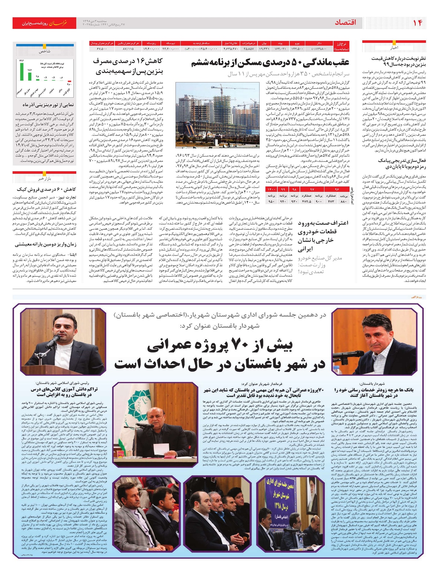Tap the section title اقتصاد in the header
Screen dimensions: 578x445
click(345, 23)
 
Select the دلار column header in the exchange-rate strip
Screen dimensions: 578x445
click(319, 43)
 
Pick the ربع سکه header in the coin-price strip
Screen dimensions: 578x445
click(151, 43)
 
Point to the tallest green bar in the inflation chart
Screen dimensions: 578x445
click(22, 71)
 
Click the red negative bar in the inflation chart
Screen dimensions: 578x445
click(69, 82)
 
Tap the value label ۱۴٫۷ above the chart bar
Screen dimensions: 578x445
click(30, 70)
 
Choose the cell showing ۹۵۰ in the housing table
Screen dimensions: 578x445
click(271, 202)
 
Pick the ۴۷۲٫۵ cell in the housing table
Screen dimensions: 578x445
click(306, 202)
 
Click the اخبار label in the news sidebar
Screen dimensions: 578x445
click(393, 48)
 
